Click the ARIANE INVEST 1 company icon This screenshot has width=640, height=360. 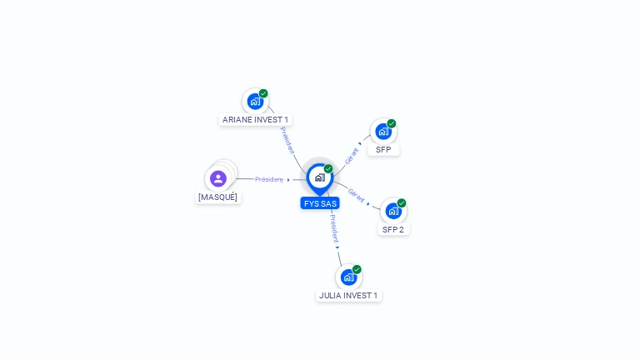point(255,102)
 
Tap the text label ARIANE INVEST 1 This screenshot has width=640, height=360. point(255,120)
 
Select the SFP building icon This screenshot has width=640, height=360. point(383,132)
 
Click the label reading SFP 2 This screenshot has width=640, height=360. point(393,229)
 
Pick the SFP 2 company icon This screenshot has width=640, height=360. point(393,211)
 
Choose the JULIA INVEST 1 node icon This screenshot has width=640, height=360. point(348,277)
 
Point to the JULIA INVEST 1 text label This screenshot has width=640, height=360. point(348,295)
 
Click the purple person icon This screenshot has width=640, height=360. point(218,178)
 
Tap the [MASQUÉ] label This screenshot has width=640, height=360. point(217,197)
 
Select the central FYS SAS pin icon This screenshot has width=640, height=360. point(320,177)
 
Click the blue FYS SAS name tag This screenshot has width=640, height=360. point(320,203)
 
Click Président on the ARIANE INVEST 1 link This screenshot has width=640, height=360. point(287,140)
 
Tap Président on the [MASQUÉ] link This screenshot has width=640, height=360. point(269,179)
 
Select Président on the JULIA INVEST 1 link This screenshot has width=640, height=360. point(334,227)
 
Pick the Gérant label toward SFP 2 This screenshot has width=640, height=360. point(357,195)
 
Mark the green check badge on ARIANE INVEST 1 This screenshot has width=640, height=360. point(263,93)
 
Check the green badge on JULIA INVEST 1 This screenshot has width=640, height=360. point(357,269)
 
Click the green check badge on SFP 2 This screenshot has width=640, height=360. point(402,203)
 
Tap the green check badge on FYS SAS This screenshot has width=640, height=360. point(328,169)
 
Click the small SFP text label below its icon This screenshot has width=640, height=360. point(383,150)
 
